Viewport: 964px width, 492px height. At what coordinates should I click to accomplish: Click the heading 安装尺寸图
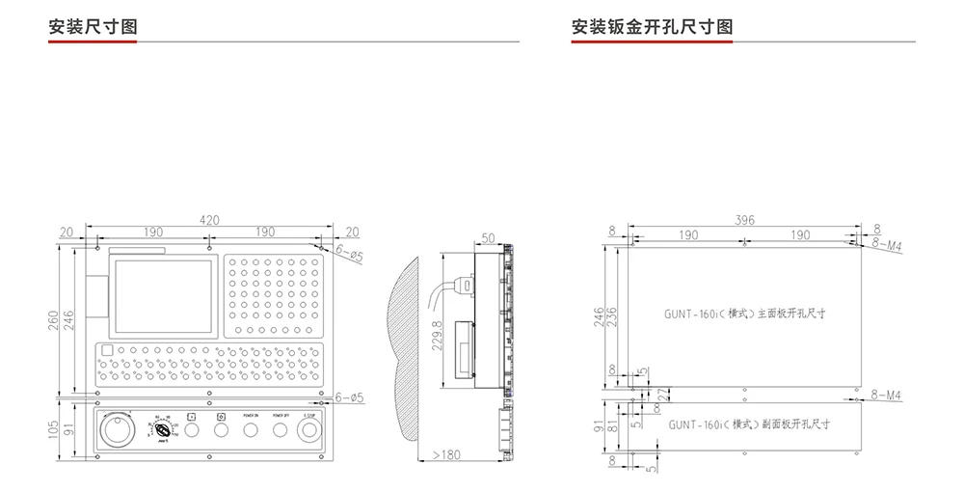tap(93, 26)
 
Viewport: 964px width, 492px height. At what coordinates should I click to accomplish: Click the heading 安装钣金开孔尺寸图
tap(652, 26)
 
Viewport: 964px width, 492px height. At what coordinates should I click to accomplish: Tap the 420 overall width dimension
tap(209, 220)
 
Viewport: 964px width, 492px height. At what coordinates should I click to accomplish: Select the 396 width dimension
tap(744, 220)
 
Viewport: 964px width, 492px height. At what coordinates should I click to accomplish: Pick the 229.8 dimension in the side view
tap(439, 336)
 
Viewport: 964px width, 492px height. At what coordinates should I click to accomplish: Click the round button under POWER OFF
tap(281, 429)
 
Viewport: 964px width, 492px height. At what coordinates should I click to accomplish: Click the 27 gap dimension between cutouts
tap(662, 394)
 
